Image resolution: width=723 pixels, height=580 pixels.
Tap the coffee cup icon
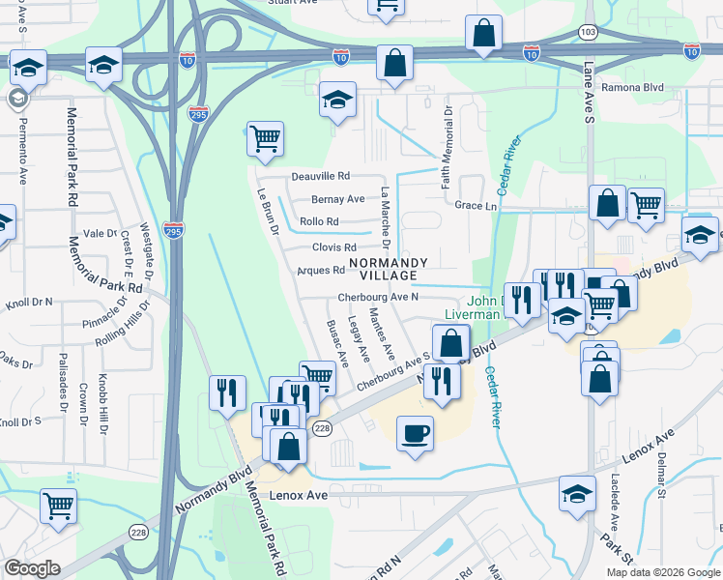[416, 433]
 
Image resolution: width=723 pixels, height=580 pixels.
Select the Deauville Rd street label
[319, 177]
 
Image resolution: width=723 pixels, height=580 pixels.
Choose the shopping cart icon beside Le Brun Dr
[264, 137]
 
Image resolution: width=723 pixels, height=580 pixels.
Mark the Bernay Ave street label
[337, 199]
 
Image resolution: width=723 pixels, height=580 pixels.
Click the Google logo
[33, 568]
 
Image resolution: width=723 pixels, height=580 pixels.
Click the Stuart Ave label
[292, 3]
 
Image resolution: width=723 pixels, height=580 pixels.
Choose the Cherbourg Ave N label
[378, 298]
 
